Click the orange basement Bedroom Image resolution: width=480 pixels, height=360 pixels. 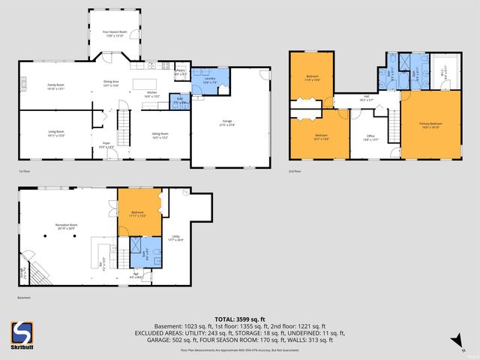[138, 214]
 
